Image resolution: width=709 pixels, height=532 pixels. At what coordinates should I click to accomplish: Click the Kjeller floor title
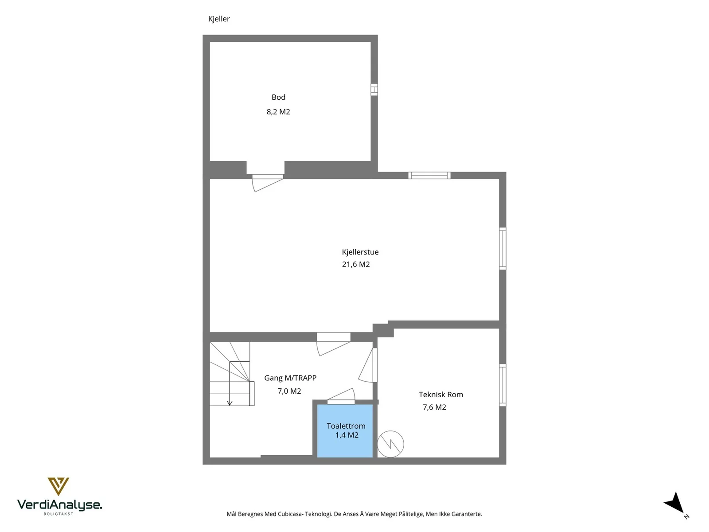218,19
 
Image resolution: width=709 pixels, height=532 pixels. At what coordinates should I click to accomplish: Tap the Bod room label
278,97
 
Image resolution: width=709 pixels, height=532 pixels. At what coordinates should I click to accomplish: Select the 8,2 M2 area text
278,112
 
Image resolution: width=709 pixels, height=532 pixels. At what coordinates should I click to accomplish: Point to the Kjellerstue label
360,252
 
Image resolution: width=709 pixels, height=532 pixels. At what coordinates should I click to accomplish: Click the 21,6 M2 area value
356,264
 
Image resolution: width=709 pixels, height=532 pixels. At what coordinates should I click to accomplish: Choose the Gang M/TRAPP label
290,378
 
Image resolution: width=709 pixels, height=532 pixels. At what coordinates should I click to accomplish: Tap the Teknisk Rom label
440,395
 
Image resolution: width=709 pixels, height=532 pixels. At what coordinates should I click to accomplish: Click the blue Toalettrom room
345,430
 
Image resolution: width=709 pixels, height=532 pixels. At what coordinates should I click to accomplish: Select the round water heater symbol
390,444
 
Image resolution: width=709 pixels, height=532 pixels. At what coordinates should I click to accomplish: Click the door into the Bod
267,183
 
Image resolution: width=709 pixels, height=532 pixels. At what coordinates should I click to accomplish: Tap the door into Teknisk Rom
368,365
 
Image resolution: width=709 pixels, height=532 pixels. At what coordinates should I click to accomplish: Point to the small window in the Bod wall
374,90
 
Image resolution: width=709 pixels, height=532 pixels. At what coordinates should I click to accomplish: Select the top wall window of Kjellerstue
429,176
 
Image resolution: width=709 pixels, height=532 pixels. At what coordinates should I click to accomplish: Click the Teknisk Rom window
502,385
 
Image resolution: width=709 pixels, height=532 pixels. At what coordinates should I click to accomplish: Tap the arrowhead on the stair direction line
230,403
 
